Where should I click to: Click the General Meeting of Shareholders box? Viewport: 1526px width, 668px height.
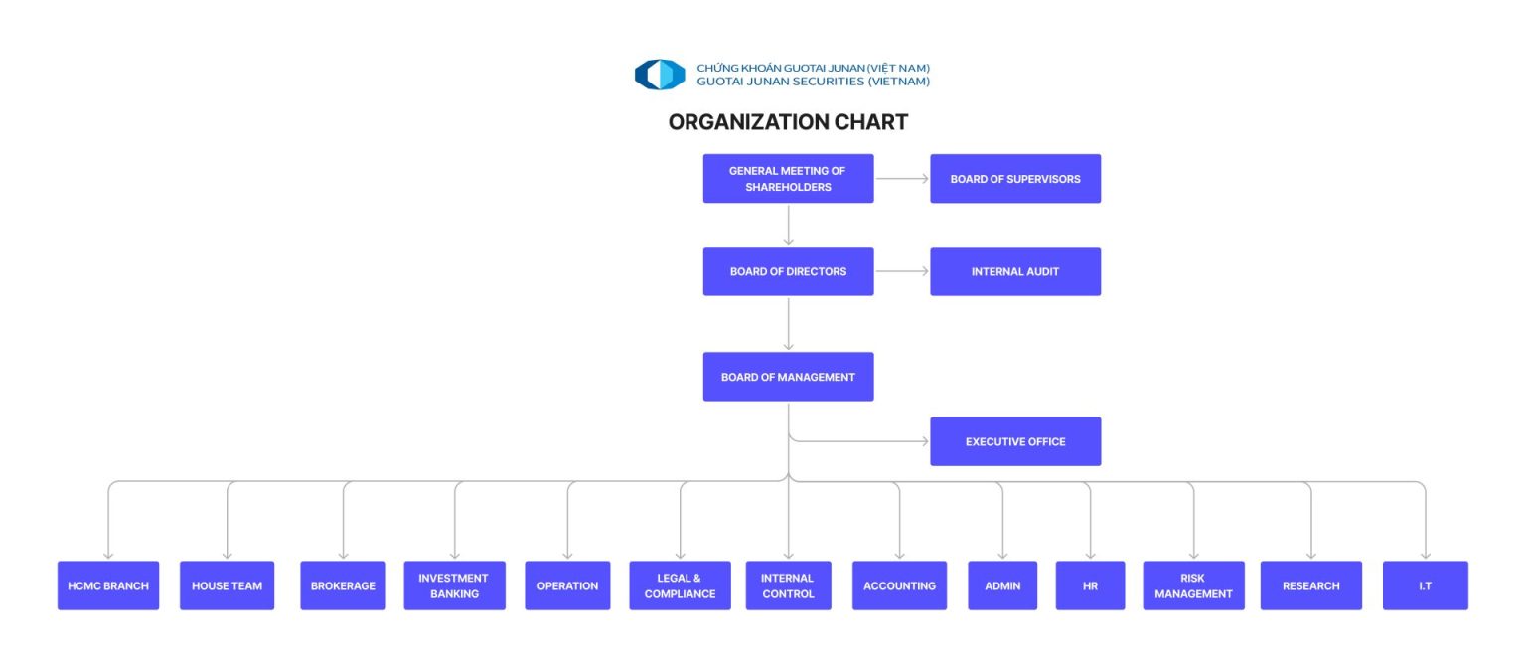click(788, 179)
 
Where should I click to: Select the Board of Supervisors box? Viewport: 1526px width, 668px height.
click(1014, 179)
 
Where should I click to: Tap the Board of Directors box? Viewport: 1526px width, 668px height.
click(788, 271)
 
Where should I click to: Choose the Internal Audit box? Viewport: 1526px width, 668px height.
click(1014, 271)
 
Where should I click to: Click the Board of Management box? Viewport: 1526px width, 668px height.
click(788, 377)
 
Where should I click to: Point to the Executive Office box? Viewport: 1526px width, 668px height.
click(1014, 441)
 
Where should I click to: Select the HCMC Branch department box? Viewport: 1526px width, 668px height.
click(108, 585)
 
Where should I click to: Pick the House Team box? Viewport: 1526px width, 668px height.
click(227, 585)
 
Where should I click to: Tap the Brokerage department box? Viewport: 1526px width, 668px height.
click(343, 585)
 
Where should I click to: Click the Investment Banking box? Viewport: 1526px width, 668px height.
click(454, 585)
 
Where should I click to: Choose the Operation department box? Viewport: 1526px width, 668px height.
click(567, 585)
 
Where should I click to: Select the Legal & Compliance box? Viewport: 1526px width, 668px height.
click(680, 585)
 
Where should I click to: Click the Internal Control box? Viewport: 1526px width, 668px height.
click(788, 585)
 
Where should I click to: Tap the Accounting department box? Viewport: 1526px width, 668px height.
click(899, 585)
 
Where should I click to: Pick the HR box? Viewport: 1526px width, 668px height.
click(1090, 585)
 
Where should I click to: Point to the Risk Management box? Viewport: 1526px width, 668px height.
click(1193, 585)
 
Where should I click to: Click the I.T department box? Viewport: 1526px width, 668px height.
click(1425, 585)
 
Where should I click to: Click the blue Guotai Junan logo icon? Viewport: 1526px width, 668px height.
click(660, 75)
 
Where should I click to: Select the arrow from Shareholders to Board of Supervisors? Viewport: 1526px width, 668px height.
click(901, 179)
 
